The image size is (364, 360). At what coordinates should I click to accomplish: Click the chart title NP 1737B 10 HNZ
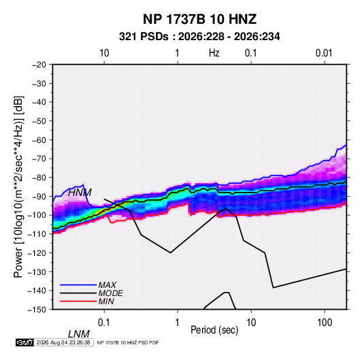pyautogui.click(x=199, y=19)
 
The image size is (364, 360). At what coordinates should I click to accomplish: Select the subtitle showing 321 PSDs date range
pyautogui.click(x=199, y=37)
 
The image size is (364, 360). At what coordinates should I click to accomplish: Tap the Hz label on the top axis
pyautogui.click(x=214, y=53)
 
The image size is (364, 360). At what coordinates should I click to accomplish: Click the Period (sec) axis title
pyautogui.click(x=214, y=330)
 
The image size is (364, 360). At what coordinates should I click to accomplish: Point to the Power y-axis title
pyautogui.click(x=18, y=186)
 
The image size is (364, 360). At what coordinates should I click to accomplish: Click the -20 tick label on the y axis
pyautogui.click(x=39, y=65)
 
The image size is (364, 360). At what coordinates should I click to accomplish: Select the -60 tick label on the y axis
pyautogui.click(x=39, y=140)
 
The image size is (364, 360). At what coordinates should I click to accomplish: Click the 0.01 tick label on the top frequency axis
pyautogui.click(x=324, y=53)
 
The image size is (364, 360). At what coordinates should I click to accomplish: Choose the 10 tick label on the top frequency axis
pyautogui.click(x=104, y=53)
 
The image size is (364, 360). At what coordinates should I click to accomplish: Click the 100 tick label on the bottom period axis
pyautogui.click(x=325, y=323)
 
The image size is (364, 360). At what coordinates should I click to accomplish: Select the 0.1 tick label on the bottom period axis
pyautogui.click(x=104, y=323)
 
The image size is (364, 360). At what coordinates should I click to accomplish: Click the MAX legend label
pyautogui.click(x=107, y=285)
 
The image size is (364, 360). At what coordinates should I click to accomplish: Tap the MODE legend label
pyautogui.click(x=110, y=293)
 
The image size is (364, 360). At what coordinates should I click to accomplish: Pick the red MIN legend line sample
pyautogui.click(x=78, y=301)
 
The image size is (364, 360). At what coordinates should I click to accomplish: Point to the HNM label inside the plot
pyautogui.click(x=80, y=193)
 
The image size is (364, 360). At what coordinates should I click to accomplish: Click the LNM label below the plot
pyautogui.click(x=79, y=334)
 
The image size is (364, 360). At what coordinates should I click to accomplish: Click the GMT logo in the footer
pyautogui.click(x=24, y=342)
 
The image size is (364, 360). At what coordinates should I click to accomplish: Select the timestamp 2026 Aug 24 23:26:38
pyautogui.click(x=63, y=342)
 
